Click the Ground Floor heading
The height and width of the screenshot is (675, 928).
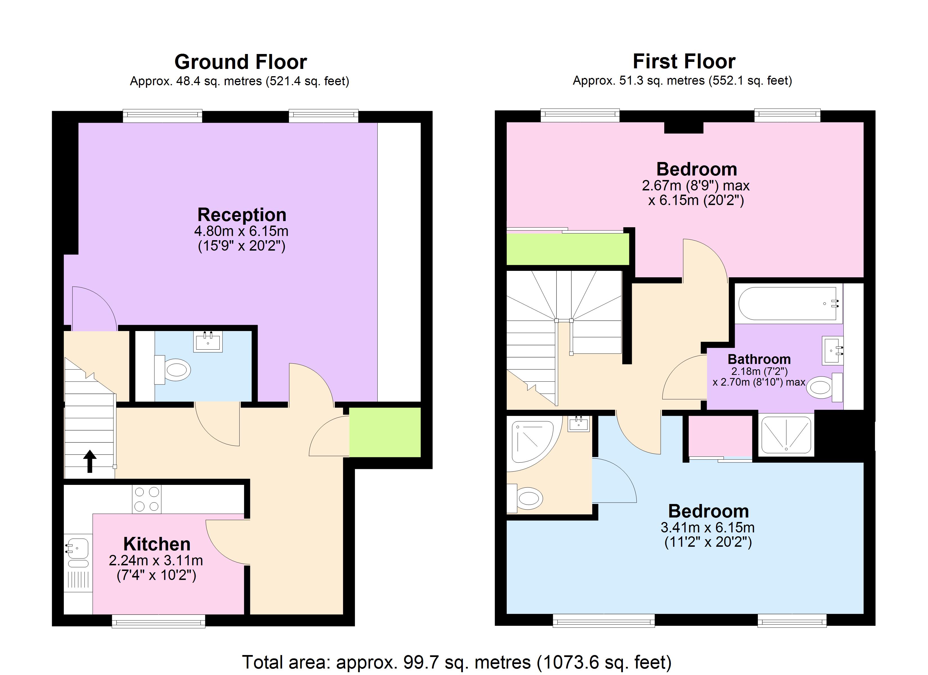241,62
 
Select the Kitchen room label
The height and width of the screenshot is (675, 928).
157,544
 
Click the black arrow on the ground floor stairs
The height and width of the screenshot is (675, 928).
90,461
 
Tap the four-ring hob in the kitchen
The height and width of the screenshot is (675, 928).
147,499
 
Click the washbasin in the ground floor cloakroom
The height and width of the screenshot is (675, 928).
208,342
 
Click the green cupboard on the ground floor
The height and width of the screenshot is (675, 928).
385,432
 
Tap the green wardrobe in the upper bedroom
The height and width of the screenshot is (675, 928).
567,249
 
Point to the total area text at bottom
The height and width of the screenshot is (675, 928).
456,662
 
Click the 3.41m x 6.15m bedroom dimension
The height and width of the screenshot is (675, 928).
708,527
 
